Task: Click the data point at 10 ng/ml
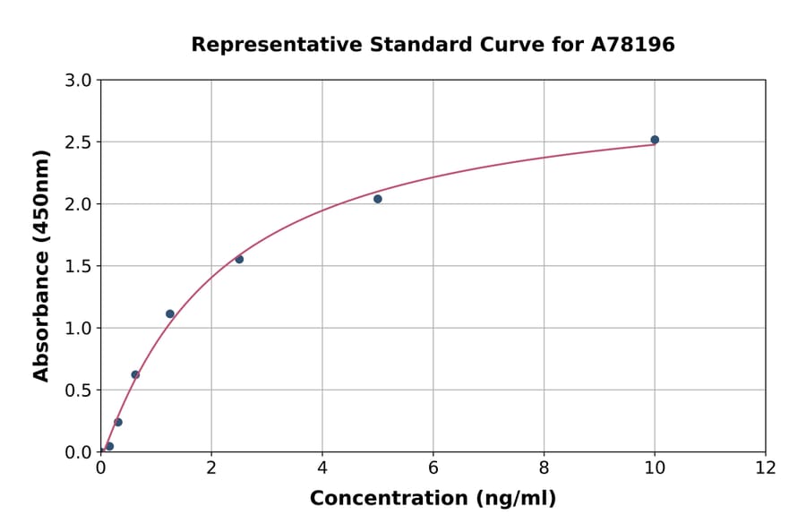click(x=655, y=140)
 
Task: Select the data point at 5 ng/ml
click(x=378, y=199)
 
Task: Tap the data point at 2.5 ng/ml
click(x=239, y=260)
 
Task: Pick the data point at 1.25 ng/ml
click(x=170, y=314)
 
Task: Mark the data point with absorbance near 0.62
click(x=135, y=374)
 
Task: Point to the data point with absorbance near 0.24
click(x=118, y=422)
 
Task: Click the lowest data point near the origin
click(x=109, y=446)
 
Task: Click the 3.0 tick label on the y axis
click(x=80, y=81)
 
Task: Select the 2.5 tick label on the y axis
click(x=80, y=142)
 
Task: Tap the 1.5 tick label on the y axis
click(x=80, y=266)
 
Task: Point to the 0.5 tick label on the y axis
click(x=80, y=390)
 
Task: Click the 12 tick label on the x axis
click(x=766, y=468)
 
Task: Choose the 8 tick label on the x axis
click(x=544, y=468)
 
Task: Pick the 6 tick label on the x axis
click(x=433, y=468)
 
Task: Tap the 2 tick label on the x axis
click(x=211, y=468)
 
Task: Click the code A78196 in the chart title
click(x=634, y=45)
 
